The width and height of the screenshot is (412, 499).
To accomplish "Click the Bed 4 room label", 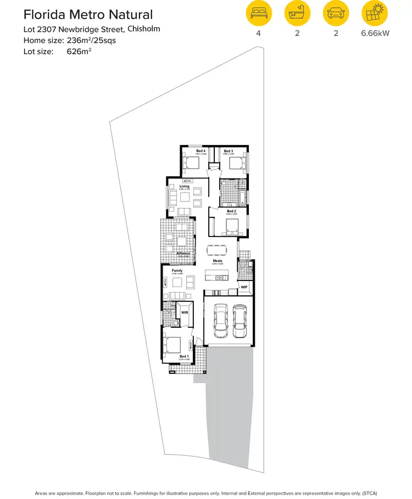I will (x=201, y=150).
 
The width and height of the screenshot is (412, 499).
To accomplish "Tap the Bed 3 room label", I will (x=229, y=150).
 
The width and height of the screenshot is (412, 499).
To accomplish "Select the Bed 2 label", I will (x=231, y=211).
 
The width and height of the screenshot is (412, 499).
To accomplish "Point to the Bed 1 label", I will (x=184, y=357).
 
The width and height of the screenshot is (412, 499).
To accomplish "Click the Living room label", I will (x=184, y=187).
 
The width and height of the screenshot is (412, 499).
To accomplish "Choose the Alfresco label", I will (x=183, y=253).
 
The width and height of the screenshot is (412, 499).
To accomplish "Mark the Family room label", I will (x=177, y=271).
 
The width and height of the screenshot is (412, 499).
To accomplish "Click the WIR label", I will (x=185, y=312).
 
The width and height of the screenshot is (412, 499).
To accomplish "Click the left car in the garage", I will (x=220, y=321).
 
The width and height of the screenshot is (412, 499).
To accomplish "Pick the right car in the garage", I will (x=239, y=321).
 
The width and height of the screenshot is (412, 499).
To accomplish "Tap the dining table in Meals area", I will (x=216, y=250).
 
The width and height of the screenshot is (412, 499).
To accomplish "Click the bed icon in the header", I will (x=258, y=14).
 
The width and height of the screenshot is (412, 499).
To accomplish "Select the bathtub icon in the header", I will (x=297, y=14).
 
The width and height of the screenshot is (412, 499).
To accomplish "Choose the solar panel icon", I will (x=375, y=14).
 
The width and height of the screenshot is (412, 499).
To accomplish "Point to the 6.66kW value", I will (x=375, y=33).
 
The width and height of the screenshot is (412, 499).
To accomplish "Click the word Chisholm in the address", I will (x=144, y=29).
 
